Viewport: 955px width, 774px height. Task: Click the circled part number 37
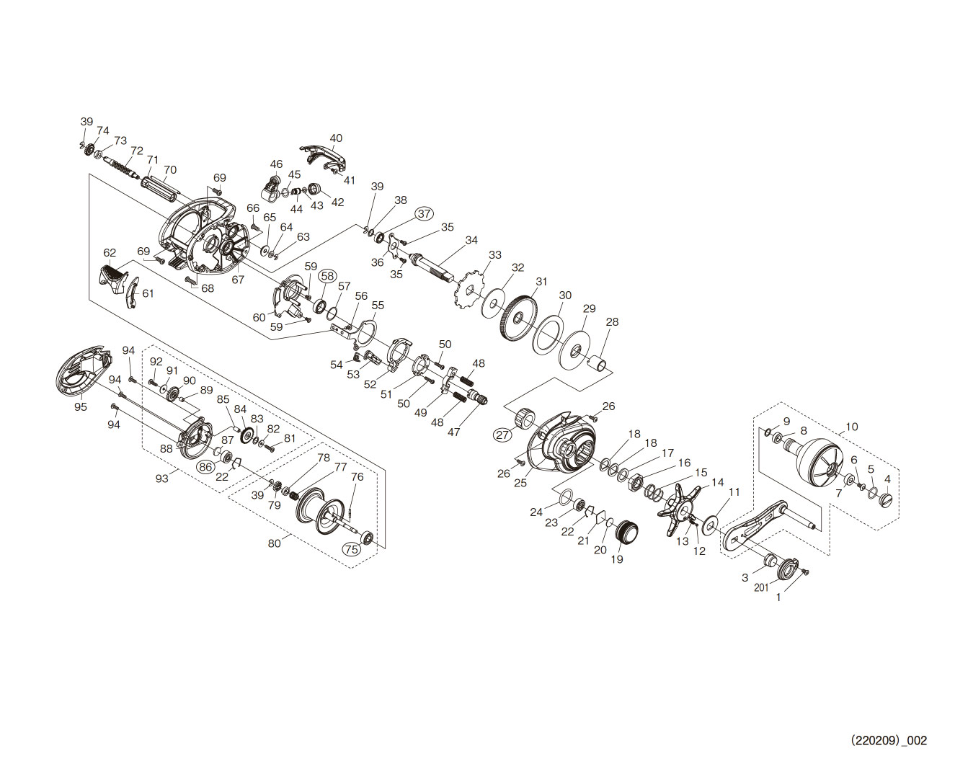coord(424,213)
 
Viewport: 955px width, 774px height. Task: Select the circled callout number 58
coord(328,275)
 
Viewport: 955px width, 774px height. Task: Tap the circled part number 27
coord(502,434)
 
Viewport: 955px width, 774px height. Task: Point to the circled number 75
coord(351,548)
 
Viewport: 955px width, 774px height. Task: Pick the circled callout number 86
coord(206,466)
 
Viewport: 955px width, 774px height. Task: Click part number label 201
coord(762,587)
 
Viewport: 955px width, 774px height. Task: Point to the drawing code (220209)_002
coord(888,740)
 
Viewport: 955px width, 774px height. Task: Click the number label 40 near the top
coord(336,138)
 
